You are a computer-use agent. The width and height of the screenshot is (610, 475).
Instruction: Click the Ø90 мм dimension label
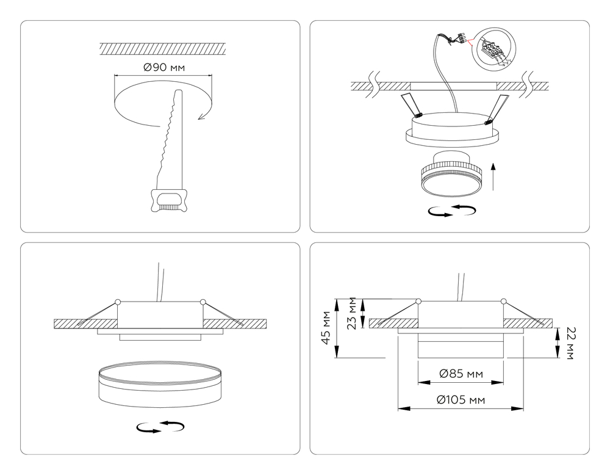tap(163, 67)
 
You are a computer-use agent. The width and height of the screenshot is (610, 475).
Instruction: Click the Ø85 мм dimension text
tap(461, 374)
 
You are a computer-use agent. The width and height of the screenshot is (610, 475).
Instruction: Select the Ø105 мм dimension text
tap(461, 400)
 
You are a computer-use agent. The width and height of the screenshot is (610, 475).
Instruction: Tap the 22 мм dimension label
tap(570, 343)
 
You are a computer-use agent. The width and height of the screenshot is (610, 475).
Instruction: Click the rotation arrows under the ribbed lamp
tap(452, 211)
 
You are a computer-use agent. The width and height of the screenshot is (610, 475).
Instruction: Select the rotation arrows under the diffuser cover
tap(160, 427)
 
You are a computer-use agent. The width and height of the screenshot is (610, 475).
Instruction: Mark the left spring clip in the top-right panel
tap(411, 104)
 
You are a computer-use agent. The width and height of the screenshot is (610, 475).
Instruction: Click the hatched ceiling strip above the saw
tap(163, 48)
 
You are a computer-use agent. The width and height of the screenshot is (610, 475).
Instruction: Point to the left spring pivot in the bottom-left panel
tap(118, 301)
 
